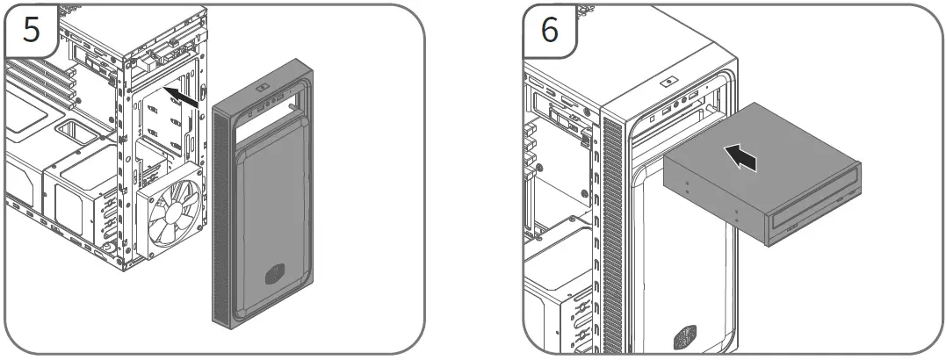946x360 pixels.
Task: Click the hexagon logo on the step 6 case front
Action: pos(682,336)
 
